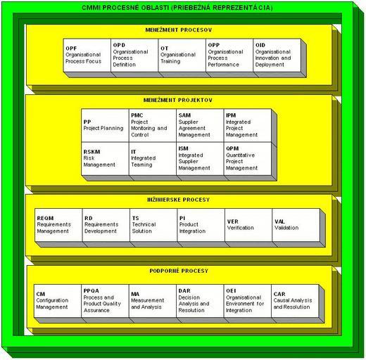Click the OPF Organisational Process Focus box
pyautogui.click(x=87, y=56)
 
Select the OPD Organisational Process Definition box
pyautogui.click(x=134, y=56)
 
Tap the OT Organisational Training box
pyautogui.click(x=182, y=56)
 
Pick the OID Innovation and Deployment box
pyautogui.click(x=277, y=56)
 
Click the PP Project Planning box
pyautogui.click(x=105, y=125)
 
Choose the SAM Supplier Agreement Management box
pyautogui.click(x=200, y=125)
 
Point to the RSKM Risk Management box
pyautogui.click(x=105, y=159)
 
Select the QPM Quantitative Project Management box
pyautogui.click(x=248, y=159)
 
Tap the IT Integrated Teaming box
pyautogui.click(x=153, y=159)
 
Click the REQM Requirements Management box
pyautogui.click(x=58, y=225)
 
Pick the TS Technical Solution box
pyautogui.click(x=153, y=225)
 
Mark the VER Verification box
pyautogui.click(x=248, y=225)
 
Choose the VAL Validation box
pyautogui.click(x=296, y=225)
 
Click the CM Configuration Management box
pyautogui.click(x=58, y=301)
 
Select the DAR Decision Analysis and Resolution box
pyautogui.click(x=200, y=301)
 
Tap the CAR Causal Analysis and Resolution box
pyautogui.click(x=295, y=301)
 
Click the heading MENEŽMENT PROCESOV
pyautogui.click(x=179, y=30)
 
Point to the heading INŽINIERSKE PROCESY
pyautogui.click(x=179, y=200)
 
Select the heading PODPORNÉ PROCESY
pyautogui.click(x=179, y=271)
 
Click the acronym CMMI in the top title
pyautogui.click(x=91, y=8)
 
